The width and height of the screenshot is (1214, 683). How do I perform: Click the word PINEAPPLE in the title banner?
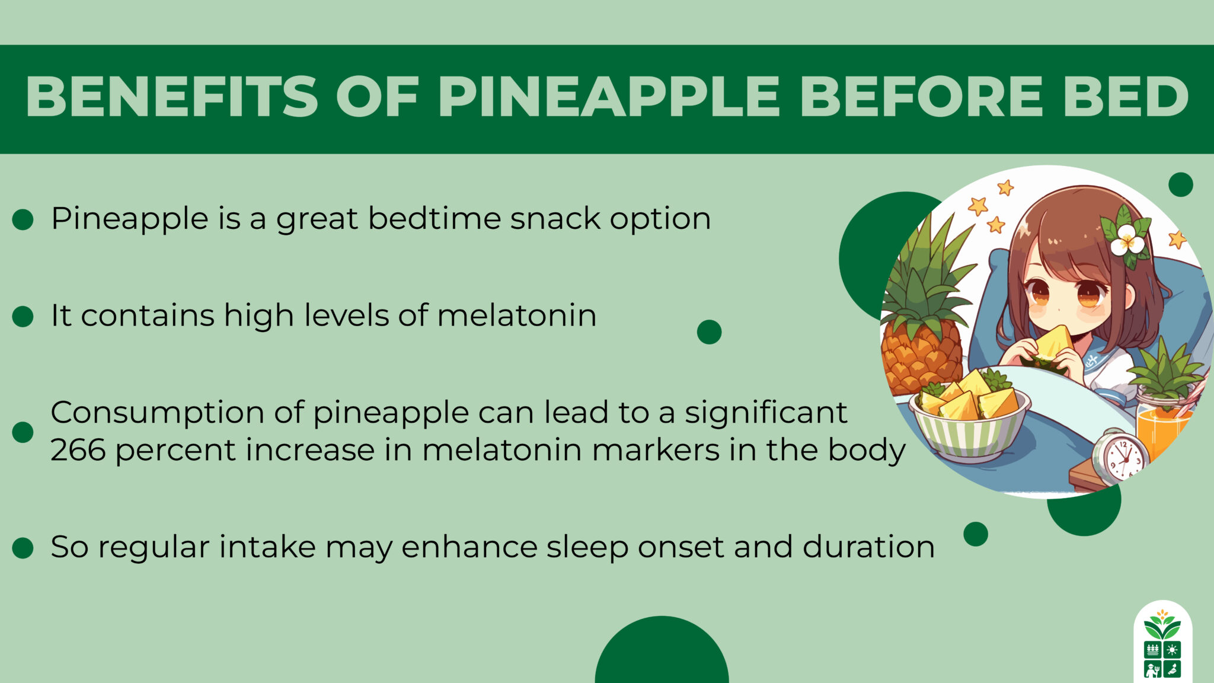pos(608,97)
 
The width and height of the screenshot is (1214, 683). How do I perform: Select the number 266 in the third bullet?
pos(78,450)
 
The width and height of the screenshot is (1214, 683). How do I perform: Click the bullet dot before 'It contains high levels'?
pos(23,316)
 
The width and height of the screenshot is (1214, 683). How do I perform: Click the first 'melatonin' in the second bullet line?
pos(516,315)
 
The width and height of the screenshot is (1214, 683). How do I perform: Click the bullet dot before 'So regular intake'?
pos(23,548)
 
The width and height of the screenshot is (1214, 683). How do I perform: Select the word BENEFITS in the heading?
pos(172,97)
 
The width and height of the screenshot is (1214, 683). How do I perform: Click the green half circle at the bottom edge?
pos(662,655)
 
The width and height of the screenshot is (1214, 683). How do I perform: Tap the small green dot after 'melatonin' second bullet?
pos(709,332)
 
